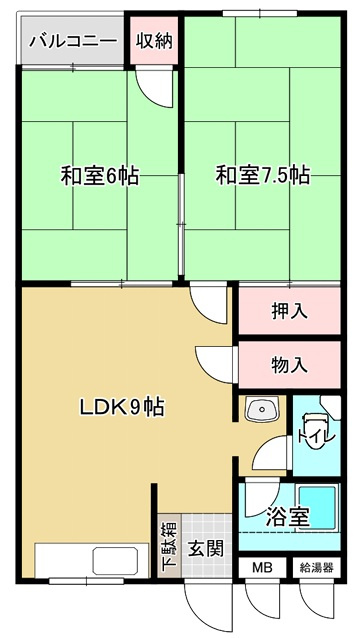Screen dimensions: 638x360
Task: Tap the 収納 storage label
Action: coord(155,41)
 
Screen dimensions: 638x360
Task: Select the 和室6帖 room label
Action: coord(99,177)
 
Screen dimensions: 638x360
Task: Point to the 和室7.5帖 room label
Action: coord(263,177)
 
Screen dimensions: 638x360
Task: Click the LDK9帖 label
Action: coord(122,407)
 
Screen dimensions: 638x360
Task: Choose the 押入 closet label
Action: coord(289,311)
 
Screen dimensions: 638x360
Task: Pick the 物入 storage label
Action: coord(289,365)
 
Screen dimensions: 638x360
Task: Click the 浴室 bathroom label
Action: coord(288,517)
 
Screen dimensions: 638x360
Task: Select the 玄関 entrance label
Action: coord(207,548)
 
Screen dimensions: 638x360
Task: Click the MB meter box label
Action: coord(261,568)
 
